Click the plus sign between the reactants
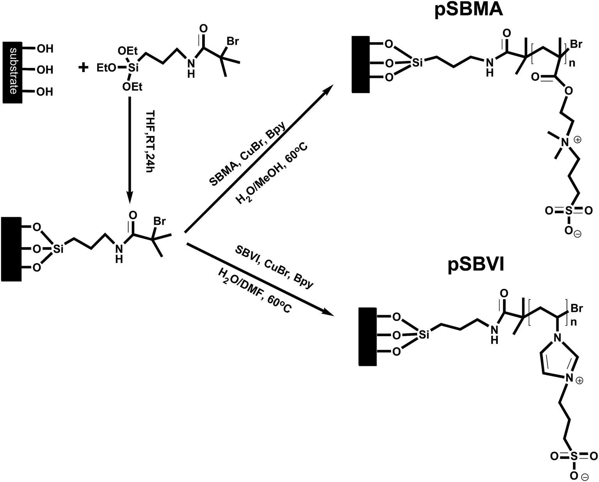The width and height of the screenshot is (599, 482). click(84, 68)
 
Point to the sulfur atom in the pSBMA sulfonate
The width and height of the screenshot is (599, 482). click(569, 211)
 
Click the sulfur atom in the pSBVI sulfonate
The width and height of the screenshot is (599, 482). click(574, 456)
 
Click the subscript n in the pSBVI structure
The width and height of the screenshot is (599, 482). click(573, 323)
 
